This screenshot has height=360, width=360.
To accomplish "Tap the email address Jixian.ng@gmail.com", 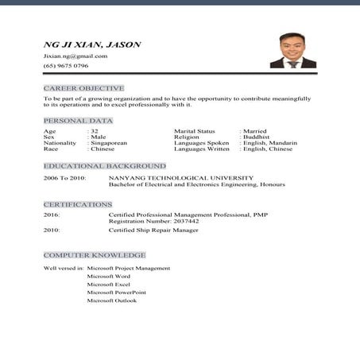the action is pos(75,56).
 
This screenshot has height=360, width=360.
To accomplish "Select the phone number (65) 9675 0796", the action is pos(66,66).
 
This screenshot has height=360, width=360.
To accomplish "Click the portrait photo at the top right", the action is pos(293,51).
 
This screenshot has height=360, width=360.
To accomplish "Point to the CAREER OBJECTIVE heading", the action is pos(83,87).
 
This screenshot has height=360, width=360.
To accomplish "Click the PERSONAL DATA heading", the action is pos(78,120).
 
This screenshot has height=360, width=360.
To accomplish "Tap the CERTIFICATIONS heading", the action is pos(78,204).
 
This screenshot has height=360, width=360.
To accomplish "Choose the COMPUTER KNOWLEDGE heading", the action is pos(95,255).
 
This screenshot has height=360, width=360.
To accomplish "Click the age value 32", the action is pos(95,130).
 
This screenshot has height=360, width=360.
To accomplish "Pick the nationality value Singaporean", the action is pos(109,143).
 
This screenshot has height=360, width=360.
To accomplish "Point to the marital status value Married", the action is pos(255,130).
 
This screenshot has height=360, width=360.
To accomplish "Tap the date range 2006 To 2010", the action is pos(64,177).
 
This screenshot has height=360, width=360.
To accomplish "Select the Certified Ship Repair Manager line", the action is pos(153,230).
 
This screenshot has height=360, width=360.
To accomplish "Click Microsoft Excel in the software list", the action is pos(109,284).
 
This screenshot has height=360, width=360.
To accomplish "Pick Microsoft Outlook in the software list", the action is pos(112,300).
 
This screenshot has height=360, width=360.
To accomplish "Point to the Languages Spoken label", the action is pos(202,143).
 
